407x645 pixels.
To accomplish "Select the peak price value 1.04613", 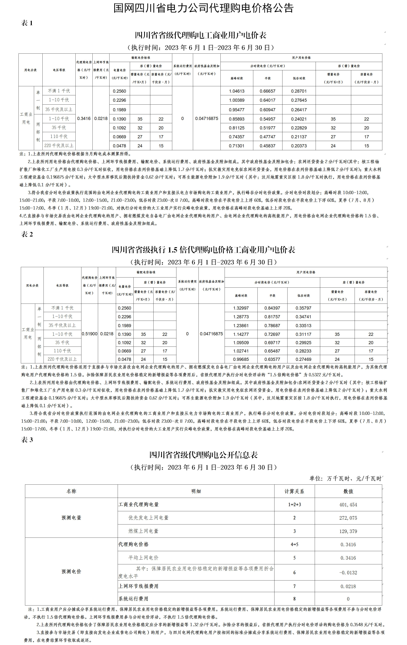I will [x=237, y=91].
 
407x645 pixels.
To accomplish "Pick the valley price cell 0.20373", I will [x=299, y=146].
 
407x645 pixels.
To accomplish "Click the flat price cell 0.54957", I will [x=267, y=119].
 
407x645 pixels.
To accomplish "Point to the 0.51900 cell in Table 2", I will [x=90, y=334].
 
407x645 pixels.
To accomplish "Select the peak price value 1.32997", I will [x=241, y=308].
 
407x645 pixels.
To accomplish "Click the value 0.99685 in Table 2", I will [x=241, y=359].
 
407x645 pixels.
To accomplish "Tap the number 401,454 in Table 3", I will [x=348, y=505].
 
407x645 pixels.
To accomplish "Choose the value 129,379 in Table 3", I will [x=348, y=531].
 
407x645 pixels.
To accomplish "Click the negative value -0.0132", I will [x=348, y=573].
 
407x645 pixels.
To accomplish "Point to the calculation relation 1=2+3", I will [x=294, y=505].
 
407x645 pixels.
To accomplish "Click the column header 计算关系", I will [x=294, y=491].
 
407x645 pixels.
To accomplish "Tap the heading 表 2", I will [x=27, y=234].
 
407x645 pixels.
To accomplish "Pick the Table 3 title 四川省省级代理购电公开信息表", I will [x=203, y=455].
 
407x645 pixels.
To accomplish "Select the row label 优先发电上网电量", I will [x=148, y=518].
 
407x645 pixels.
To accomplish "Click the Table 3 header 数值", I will [x=348, y=491].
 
